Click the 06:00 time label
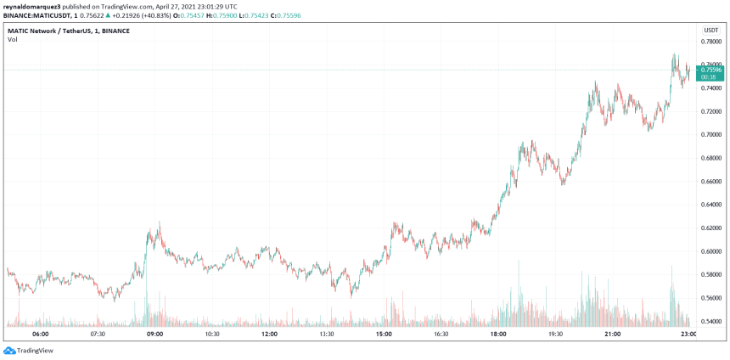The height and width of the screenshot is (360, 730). coord(40,335)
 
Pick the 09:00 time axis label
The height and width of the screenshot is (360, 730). coord(154,335)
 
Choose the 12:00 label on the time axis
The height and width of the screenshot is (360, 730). coord(269,335)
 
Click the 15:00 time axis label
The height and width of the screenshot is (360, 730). coord(384,335)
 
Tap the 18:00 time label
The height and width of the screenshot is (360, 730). coord(498,335)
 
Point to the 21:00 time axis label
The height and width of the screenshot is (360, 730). coord(612,335)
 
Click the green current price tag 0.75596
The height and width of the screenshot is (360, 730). coord(710,69)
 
